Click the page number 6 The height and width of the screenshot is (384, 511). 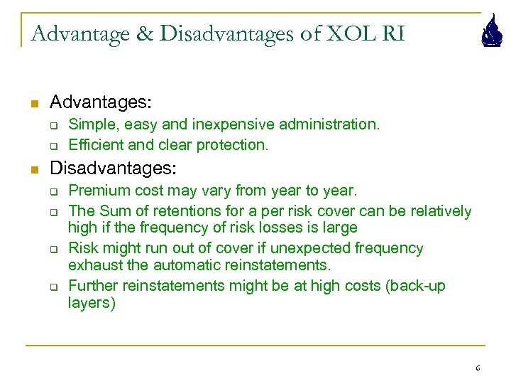[478, 368]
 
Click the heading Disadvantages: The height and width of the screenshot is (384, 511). [112, 169]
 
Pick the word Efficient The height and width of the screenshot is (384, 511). [93, 144]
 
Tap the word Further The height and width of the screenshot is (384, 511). [93, 286]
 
